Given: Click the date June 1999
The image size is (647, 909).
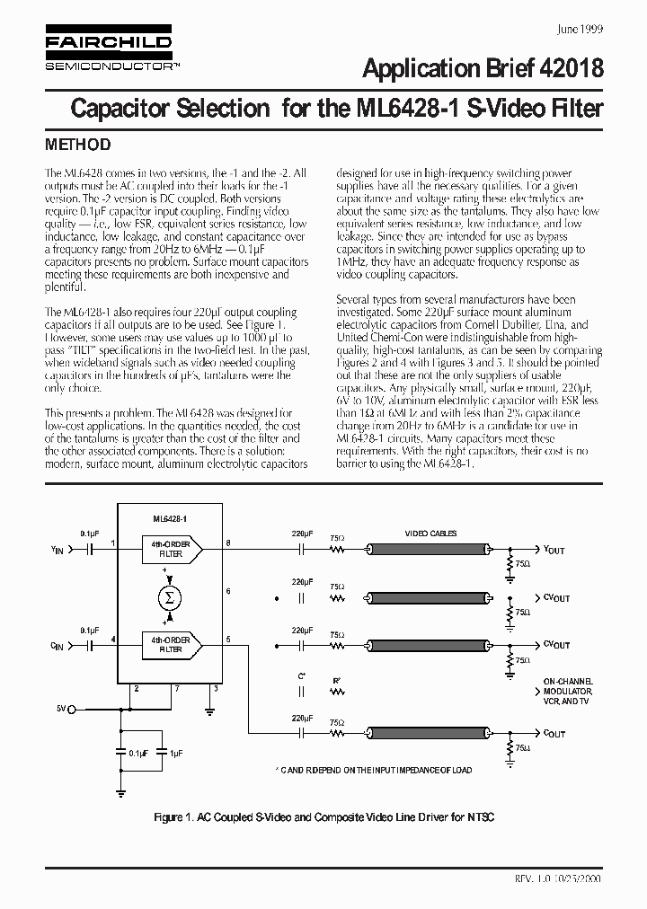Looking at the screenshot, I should (x=581, y=29).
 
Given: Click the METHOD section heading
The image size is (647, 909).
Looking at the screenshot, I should (x=78, y=145).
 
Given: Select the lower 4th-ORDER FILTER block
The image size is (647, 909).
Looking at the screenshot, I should (x=171, y=643).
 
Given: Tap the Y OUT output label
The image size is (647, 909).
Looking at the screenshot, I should (x=554, y=550).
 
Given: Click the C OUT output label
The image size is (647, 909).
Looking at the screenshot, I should (x=554, y=733).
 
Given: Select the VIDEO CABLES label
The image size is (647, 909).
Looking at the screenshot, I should (x=430, y=534).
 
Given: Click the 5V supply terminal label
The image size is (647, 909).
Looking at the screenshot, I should (x=61, y=709).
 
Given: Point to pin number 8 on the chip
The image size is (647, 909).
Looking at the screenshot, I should (x=227, y=543).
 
